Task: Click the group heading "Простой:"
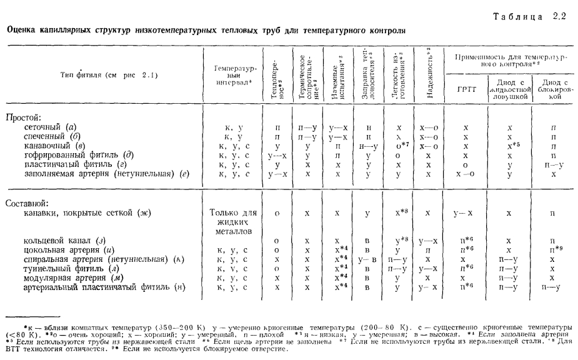click(24, 117)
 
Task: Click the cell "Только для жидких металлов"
click(232, 221)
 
